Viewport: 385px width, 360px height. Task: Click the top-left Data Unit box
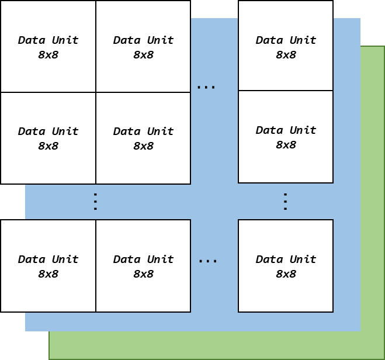coord(48,47)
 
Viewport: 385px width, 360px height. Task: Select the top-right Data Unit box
coord(286,46)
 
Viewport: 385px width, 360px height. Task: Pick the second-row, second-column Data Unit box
coord(143,138)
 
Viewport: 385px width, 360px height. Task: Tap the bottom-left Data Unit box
coord(48,266)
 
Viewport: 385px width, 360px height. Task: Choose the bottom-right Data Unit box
coord(286,266)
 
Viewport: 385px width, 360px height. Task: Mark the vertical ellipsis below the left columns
coord(95,202)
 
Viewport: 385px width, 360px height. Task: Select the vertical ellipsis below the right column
coord(285,202)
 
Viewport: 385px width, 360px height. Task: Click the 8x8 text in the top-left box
coord(48,55)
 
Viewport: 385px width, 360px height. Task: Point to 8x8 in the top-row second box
coord(143,55)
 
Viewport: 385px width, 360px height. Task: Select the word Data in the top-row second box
coord(126,40)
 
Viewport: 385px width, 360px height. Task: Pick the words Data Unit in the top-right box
coord(286,40)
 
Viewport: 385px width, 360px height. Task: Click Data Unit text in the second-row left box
coord(48,131)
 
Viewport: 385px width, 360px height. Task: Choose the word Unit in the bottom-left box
coord(64,259)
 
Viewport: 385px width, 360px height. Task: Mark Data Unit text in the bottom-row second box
coord(143,259)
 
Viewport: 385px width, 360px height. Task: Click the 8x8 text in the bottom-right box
coord(286,274)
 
